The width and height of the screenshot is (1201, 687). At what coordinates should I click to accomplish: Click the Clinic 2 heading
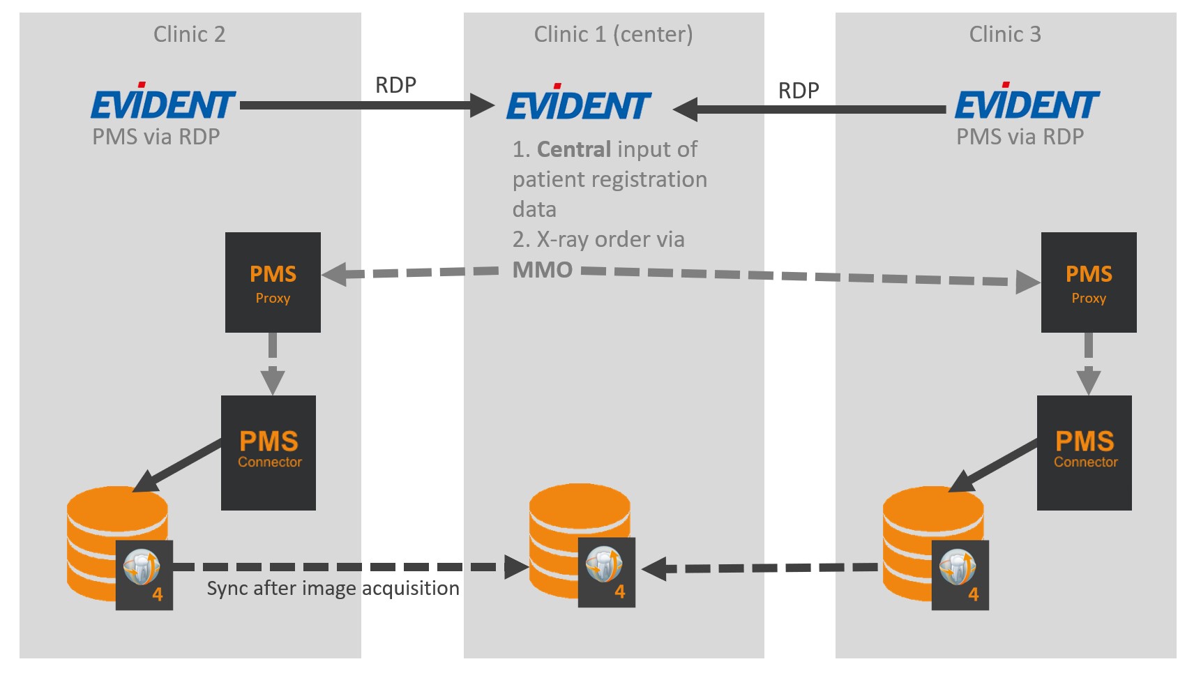[189, 34]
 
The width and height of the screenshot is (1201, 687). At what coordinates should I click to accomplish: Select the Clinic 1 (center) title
[613, 34]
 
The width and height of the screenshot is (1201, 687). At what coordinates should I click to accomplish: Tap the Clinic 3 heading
[1004, 34]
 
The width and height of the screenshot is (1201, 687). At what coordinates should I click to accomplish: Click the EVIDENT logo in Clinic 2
[163, 103]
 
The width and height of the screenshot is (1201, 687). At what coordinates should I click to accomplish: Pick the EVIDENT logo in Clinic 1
[579, 105]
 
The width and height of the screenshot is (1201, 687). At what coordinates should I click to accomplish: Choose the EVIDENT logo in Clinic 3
[1027, 103]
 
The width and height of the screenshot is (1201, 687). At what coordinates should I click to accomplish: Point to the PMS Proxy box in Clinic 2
[273, 282]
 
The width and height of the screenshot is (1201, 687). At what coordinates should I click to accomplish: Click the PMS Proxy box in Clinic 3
[1088, 282]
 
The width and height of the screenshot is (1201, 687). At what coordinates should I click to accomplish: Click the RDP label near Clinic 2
[395, 85]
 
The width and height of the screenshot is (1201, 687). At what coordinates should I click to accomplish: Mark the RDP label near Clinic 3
[799, 91]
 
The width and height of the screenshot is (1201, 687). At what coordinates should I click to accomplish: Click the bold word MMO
[543, 270]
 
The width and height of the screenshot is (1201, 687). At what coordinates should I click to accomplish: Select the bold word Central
[574, 149]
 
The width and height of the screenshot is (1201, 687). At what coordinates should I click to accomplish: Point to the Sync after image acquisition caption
[333, 589]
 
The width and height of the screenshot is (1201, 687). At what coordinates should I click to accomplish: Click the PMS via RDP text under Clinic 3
[1020, 137]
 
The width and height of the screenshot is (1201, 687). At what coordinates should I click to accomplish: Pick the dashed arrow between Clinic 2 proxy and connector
[272, 364]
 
